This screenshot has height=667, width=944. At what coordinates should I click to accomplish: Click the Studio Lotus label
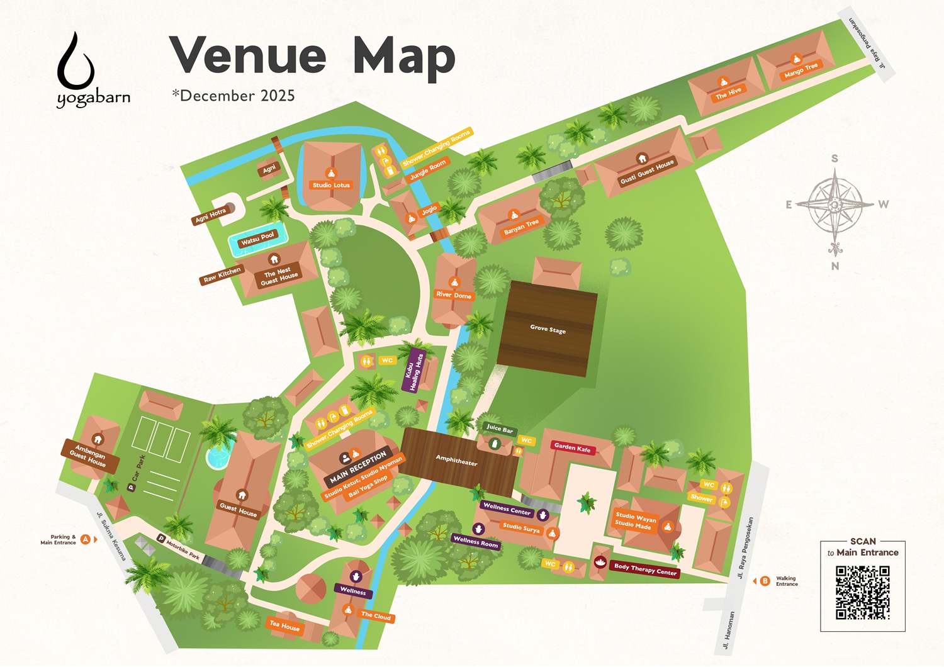tap(331, 185)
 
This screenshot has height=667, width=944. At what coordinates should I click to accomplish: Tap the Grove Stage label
tap(548, 328)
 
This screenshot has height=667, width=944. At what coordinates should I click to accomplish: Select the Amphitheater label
tap(456, 461)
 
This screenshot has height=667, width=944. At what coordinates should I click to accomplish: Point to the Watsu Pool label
tap(257, 238)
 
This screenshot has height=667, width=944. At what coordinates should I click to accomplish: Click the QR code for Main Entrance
tap(862, 592)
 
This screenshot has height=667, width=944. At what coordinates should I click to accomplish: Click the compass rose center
tap(834, 205)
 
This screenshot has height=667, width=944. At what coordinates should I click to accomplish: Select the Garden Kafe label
tap(572, 448)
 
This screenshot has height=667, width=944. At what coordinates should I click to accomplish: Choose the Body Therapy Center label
tap(645, 569)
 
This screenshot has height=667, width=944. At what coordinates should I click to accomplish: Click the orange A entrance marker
tap(86, 539)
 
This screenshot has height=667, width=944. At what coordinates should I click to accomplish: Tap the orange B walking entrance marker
tap(765, 581)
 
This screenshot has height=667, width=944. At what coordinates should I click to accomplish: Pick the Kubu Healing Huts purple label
tap(413, 372)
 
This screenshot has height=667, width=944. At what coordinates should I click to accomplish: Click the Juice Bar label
tap(500, 429)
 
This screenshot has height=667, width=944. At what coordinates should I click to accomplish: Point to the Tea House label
tap(284, 625)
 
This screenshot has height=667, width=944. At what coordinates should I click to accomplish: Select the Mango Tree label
tap(801, 70)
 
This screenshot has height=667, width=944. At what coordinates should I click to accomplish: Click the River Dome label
tap(454, 294)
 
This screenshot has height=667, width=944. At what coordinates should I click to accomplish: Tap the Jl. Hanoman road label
tap(728, 630)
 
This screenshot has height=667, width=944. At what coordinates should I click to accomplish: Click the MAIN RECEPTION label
tap(358, 467)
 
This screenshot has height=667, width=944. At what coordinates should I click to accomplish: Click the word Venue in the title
tap(247, 55)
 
